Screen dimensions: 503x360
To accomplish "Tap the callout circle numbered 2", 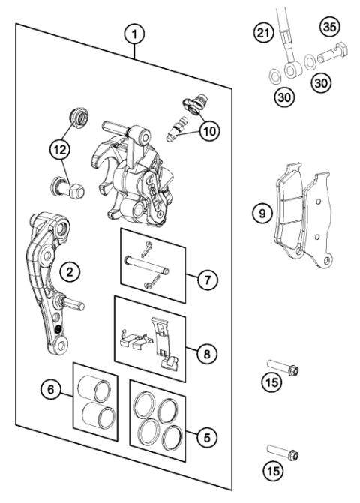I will point(69,272).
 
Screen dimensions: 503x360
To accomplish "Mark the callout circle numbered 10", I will point(208,130).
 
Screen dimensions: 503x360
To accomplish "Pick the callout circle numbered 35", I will point(328,28).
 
